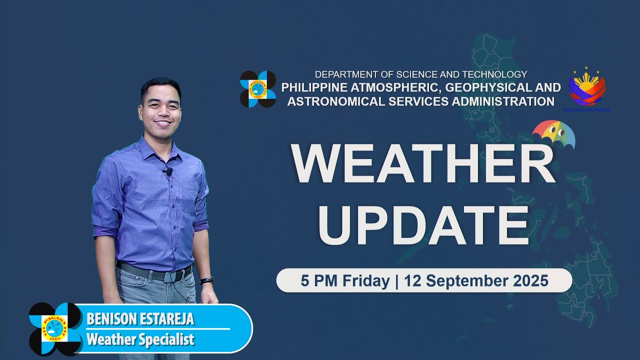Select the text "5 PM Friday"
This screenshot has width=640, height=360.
pos(344,281)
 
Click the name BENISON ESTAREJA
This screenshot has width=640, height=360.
pos(140,319)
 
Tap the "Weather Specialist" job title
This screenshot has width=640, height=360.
pos(140,340)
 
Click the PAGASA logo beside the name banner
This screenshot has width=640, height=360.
pos(55,328)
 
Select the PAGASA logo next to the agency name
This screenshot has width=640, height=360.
pos(257,89)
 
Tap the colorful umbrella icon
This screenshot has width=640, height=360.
pos(553,134)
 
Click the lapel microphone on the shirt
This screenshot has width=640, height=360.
pos(167,172)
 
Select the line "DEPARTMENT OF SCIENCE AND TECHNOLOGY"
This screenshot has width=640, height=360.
pos(420,74)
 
